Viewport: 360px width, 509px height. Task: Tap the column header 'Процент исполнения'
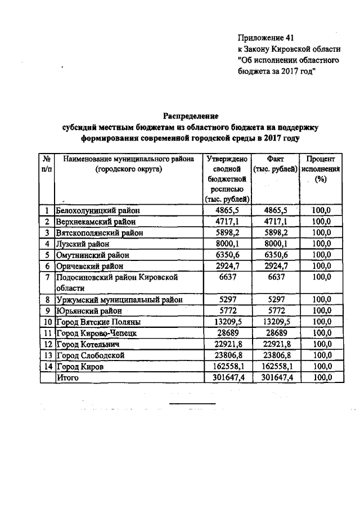321,169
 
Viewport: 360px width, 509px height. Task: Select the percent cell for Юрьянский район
321,310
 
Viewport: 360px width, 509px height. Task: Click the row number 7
48,277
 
